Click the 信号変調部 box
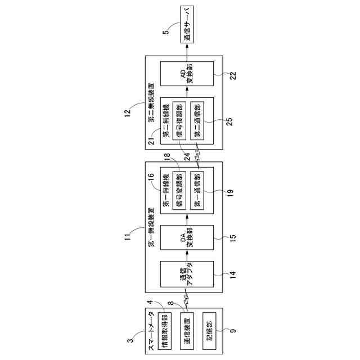click(177, 190)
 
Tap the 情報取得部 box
click(165, 331)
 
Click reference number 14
click(231, 275)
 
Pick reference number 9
click(231, 339)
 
